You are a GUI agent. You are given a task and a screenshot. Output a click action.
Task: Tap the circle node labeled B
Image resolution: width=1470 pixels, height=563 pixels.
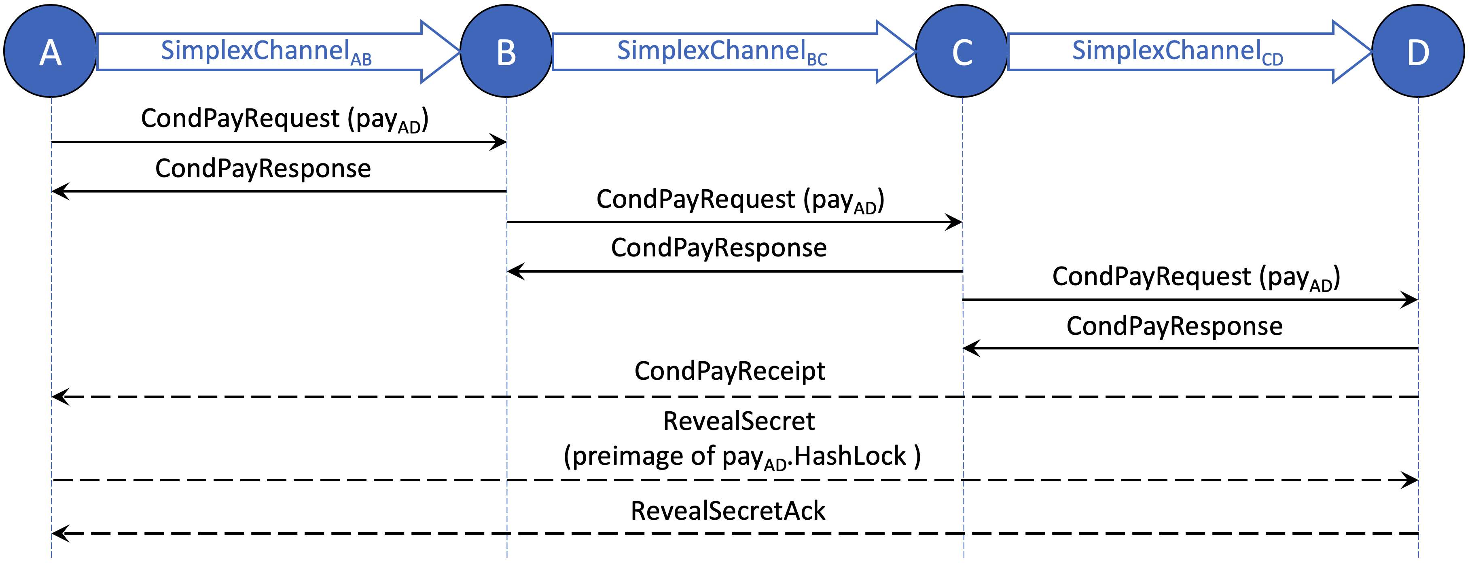pyautogui.click(x=506, y=51)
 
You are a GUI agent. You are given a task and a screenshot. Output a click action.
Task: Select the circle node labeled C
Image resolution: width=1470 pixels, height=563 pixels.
pyautogui.click(x=962, y=51)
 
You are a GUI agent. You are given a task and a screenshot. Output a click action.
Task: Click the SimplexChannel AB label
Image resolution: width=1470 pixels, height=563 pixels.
pyautogui.click(x=266, y=51)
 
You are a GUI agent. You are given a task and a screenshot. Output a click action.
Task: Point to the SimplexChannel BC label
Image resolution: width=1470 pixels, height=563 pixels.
pyautogui.click(x=722, y=51)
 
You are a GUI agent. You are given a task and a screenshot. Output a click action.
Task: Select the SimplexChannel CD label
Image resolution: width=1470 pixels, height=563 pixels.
pyautogui.click(x=1177, y=51)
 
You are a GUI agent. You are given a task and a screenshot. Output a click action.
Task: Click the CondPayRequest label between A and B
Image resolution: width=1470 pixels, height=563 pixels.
pyautogui.click(x=284, y=119)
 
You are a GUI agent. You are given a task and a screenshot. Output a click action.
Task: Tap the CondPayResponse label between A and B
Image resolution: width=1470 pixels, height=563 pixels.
pyautogui.click(x=263, y=169)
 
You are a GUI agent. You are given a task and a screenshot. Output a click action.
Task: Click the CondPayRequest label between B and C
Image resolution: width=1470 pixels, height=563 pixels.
pyautogui.click(x=740, y=200)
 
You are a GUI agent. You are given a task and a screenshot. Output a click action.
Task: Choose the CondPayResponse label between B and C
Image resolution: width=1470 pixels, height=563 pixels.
pyautogui.click(x=718, y=248)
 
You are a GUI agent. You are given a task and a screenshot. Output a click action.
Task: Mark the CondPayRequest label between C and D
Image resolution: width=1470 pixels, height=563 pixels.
pyautogui.click(x=1195, y=277)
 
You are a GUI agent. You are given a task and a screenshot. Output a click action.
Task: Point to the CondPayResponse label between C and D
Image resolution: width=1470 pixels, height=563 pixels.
pyautogui.click(x=1174, y=326)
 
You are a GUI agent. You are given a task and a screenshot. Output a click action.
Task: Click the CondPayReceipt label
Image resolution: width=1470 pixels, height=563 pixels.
pyautogui.click(x=729, y=371)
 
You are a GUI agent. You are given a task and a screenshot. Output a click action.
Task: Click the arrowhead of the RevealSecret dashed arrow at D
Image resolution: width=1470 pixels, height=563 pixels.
pyautogui.click(x=1411, y=480)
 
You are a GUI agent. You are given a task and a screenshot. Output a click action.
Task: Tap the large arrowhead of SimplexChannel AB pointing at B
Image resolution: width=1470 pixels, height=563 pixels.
pyautogui.click(x=439, y=52)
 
